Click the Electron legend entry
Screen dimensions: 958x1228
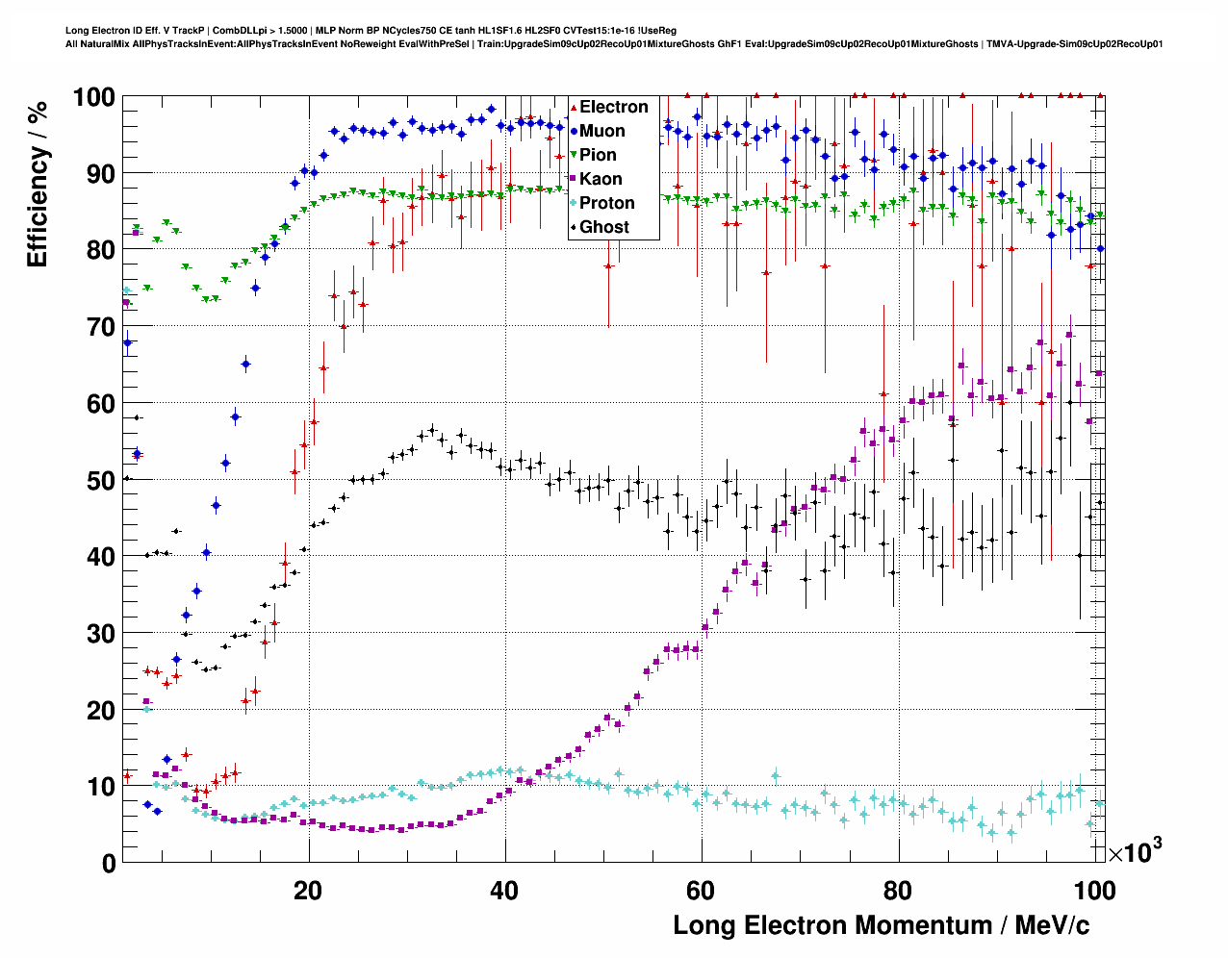tap(613, 107)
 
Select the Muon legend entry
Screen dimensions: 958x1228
tap(601, 131)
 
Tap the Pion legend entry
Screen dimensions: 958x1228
tap(598, 155)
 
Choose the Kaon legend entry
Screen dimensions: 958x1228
tap(601, 179)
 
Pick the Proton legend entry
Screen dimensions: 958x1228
tap(606, 203)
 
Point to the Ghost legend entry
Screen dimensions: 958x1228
tap(603, 227)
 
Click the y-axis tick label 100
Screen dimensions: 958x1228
tap(93, 97)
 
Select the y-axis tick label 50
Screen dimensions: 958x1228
tap(100, 480)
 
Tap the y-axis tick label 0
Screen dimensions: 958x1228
tap(108, 863)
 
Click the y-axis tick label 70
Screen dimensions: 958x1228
tap(100, 327)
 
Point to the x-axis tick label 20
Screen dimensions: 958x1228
tap(308, 891)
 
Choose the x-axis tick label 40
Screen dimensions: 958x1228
tap(504, 891)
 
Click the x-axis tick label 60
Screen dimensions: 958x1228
tap(701, 891)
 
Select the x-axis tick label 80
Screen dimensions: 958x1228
tap(897, 891)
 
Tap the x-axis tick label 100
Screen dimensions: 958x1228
tap(1095, 891)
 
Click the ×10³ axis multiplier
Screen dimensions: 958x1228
tap(1135, 850)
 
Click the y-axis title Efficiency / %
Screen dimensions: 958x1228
tap(38, 185)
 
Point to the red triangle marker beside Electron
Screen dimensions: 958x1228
tap(574, 107)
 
